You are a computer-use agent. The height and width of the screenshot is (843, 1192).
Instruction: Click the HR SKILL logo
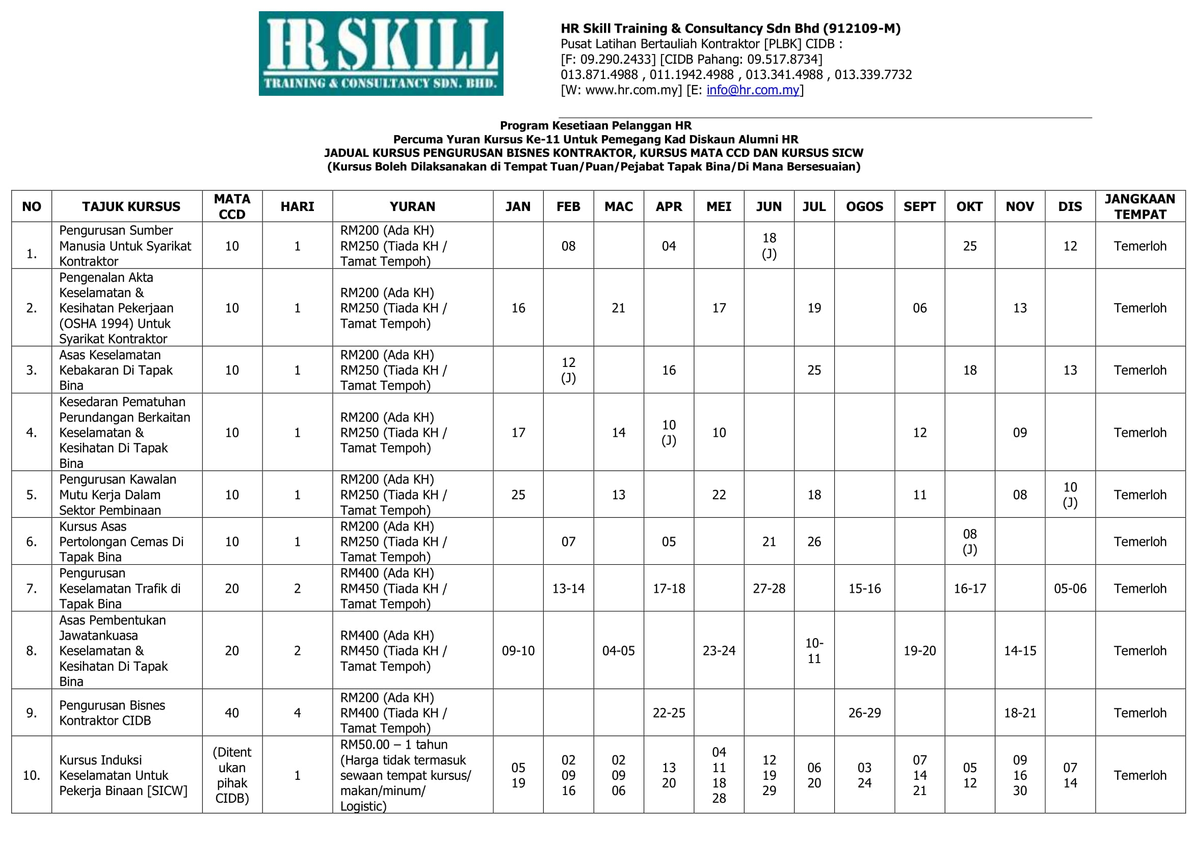(x=381, y=54)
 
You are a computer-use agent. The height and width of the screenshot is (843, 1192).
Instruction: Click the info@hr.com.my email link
(x=752, y=90)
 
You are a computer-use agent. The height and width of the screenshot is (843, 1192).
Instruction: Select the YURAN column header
(x=412, y=206)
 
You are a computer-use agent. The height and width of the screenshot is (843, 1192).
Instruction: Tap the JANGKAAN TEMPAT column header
(x=1140, y=206)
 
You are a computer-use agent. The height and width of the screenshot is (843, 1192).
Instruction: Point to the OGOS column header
(x=864, y=206)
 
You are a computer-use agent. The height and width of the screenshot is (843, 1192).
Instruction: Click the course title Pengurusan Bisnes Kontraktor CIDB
(x=112, y=713)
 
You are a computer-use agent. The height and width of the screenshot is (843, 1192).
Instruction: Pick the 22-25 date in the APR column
(x=669, y=713)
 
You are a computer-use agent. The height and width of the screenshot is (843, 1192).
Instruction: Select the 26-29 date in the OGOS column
(x=864, y=713)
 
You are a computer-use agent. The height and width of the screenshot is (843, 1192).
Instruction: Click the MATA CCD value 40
(x=231, y=713)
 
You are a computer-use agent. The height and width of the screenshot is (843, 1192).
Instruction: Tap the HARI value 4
(x=297, y=713)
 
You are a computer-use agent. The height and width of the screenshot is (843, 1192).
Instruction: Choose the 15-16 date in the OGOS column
(x=864, y=588)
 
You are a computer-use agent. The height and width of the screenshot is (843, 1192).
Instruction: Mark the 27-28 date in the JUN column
(x=769, y=588)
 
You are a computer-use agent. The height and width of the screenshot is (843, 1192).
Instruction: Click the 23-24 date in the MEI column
(x=719, y=650)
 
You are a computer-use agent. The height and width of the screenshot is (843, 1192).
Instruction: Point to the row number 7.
(x=31, y=588)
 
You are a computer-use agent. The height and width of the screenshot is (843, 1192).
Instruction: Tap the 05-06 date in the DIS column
(x=1070, y=588)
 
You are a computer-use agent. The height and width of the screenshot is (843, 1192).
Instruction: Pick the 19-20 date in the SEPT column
(x=919, y=650)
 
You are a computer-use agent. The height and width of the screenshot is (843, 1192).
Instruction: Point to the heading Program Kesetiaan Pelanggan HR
(x=595, y=125)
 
